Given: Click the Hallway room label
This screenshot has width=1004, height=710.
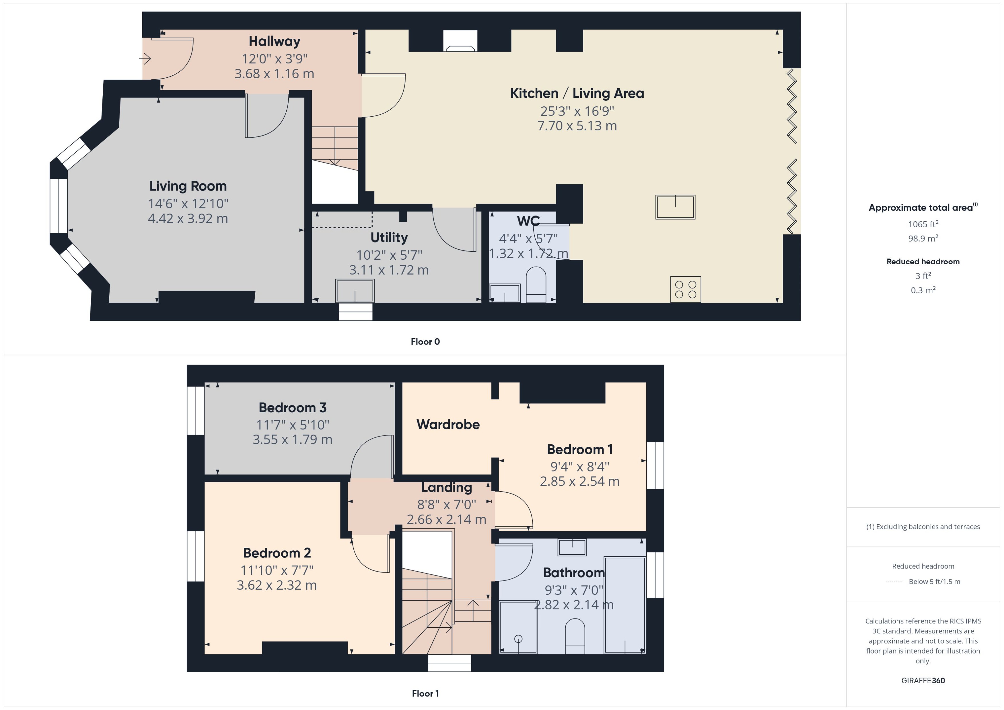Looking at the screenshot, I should point(274,42).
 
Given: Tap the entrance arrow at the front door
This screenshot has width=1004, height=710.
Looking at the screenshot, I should point(145,58).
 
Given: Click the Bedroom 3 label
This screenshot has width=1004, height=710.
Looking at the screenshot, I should point(292,408).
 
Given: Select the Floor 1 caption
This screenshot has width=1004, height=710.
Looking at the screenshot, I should point(425,693).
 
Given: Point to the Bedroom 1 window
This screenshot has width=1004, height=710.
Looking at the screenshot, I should point(655,465).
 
